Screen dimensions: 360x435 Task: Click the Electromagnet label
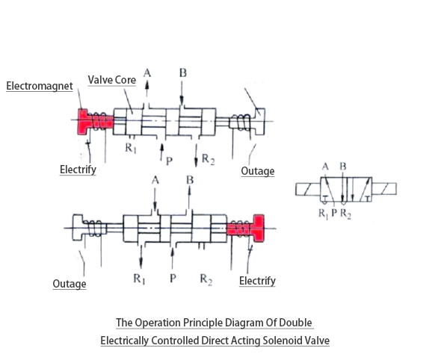(x=40, y=86)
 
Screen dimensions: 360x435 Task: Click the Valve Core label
(x=112, y=79)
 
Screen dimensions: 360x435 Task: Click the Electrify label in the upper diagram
(x=78, y=170)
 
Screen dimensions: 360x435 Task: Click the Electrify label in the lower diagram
(x=257, y=281)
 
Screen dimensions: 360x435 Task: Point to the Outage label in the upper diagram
(x=257, y=171)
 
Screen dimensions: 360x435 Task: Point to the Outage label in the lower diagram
(x=69, y=284)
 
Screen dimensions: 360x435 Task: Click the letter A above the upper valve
(x=146, y=72)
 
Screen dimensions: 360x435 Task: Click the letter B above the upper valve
(x=182, y=72)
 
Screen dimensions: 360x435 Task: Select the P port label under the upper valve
(x=171, y=160)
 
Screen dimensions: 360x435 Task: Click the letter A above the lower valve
(x=155, y=180)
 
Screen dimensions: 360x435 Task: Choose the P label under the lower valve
(x=173, y=279)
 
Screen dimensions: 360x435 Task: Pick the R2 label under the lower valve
(x=206, y=279)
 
